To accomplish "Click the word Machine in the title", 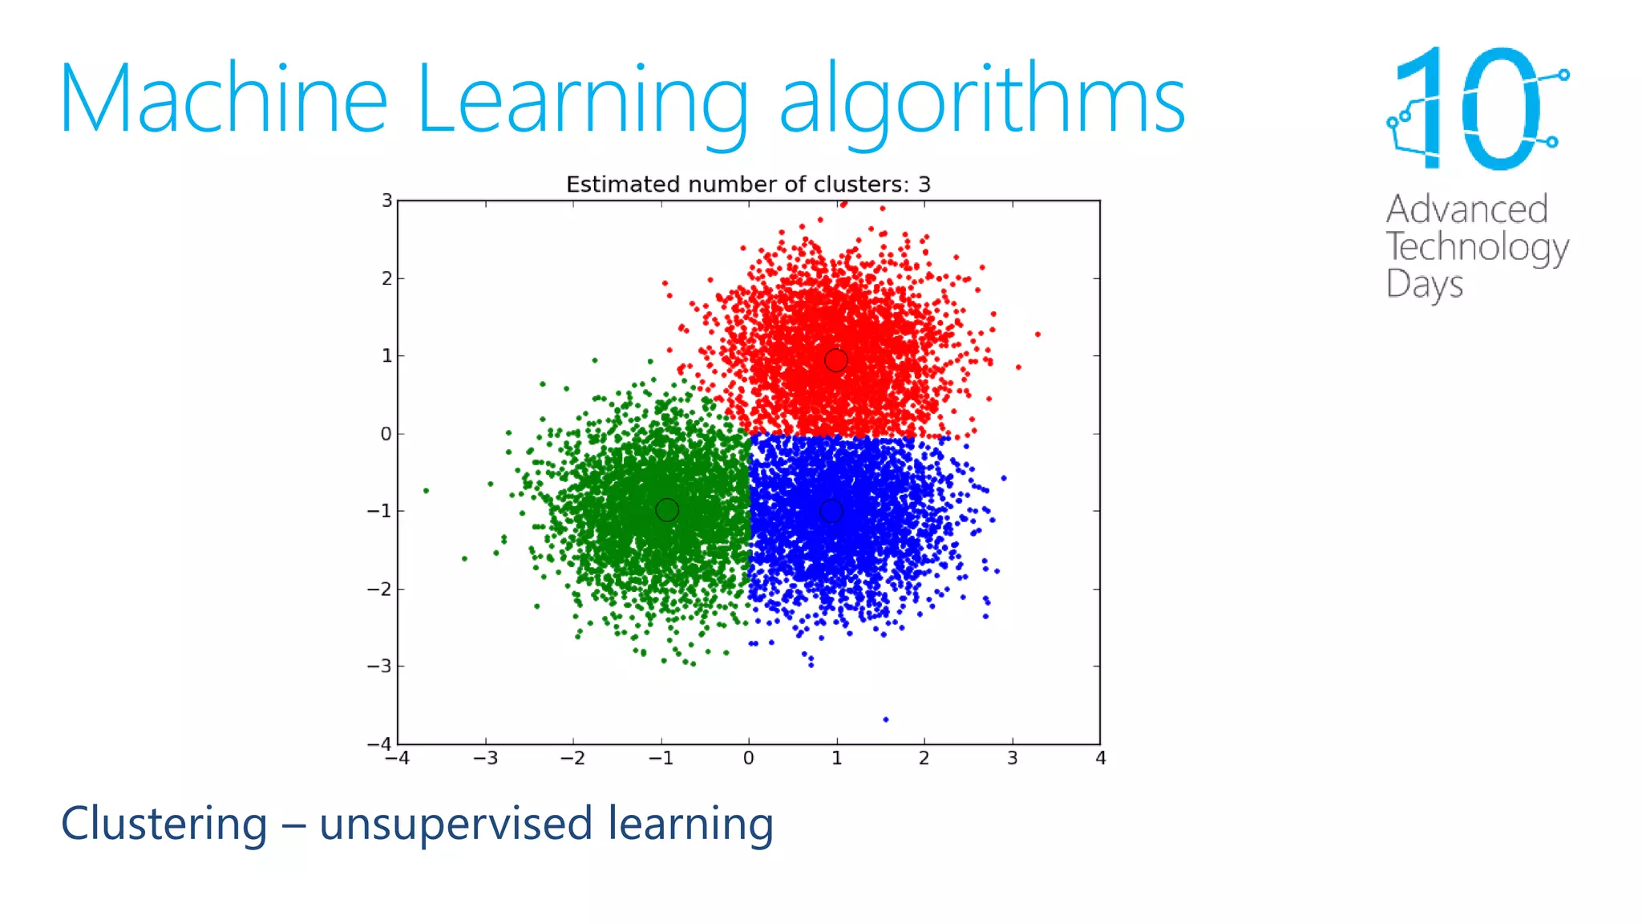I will coord(223,99).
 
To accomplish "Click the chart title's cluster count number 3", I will coord(924,184).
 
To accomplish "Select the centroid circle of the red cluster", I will coord(835,361).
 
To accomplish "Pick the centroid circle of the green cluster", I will coord(667,510).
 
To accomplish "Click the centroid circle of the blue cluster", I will coord(831,511).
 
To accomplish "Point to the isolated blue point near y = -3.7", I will coord(885,719).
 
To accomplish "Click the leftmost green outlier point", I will coord(426,491).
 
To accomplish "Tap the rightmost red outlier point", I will coord(1037,334).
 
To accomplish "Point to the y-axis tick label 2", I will coord(387,278).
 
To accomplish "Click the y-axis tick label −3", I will coord(380,667).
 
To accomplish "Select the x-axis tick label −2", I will coord(572,758).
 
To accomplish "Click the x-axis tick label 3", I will coord(1013,758).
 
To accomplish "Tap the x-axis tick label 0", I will coord(748,758).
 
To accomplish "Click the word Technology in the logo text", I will coord(1477,247).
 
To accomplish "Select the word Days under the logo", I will coord(1424,285).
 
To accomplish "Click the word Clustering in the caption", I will coord(164,824).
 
